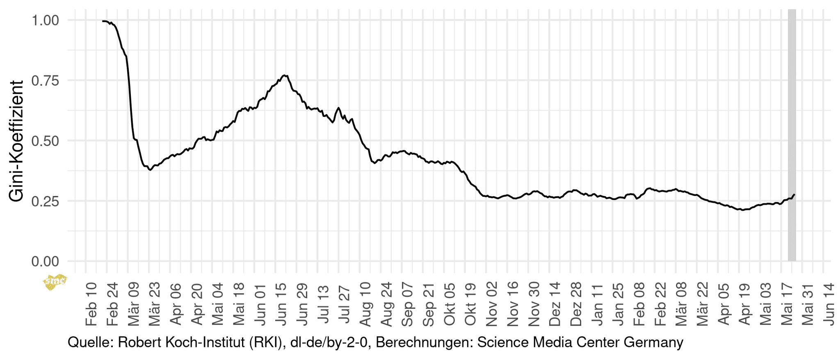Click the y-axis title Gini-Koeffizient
pos(16,141)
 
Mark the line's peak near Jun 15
pos(285,75)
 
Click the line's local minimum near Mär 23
pos(151,170)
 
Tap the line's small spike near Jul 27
pos(338,108)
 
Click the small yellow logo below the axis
pos(55,282)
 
